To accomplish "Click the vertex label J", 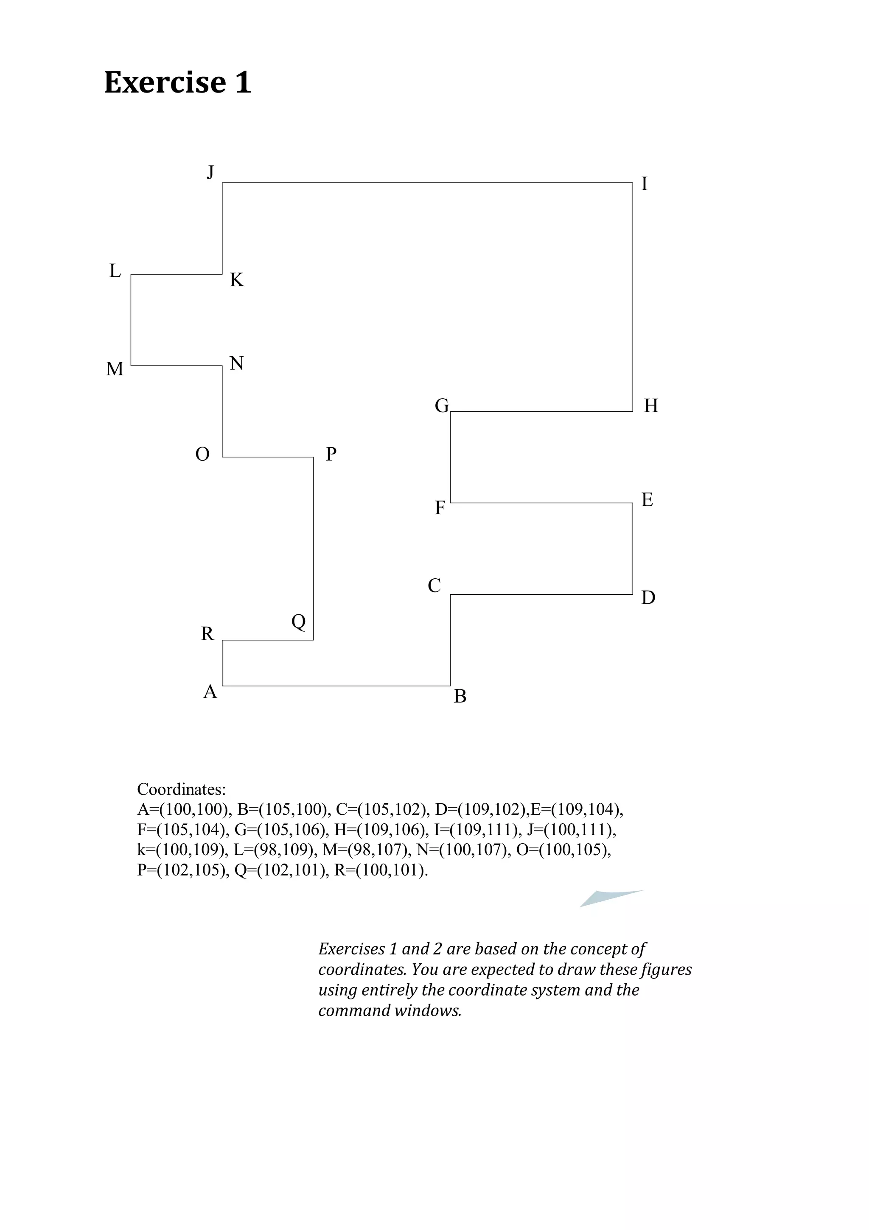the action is [210, 172].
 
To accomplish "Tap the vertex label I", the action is [644, 184].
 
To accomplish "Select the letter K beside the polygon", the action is [237, 280].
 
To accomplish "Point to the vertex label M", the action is [115, 369].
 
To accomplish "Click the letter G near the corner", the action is [442, 406].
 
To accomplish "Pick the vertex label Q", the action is [299, 622].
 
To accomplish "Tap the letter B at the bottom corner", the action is [460, 696].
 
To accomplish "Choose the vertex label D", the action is [648, 598].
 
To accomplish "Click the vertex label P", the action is [331, 454].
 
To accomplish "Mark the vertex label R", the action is [207, 634].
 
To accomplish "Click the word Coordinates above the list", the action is [181, 789].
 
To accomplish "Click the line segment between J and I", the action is [427, 183].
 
